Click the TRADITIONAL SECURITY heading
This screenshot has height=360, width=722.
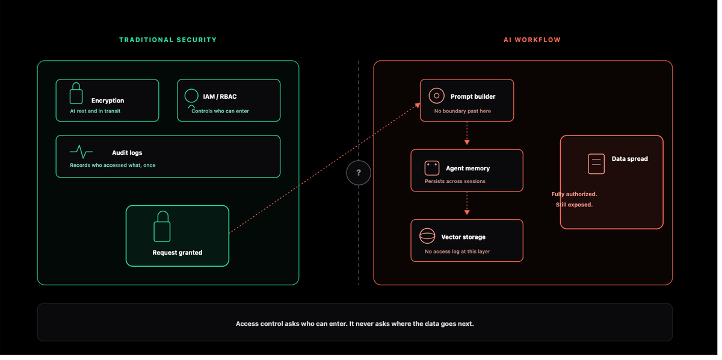point(168,40)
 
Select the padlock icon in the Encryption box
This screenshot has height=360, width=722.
point(76,94)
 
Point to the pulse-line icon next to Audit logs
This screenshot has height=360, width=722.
point(82,152)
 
